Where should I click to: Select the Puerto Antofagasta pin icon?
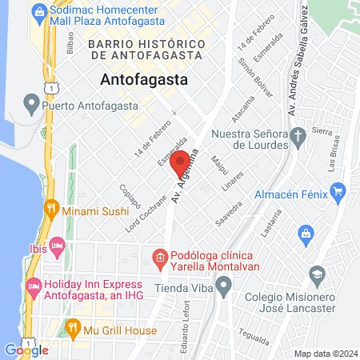click(x=31, y=102)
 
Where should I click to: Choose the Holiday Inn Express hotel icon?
click(x=34, y=285)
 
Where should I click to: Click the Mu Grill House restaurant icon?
click(x=73, y=326)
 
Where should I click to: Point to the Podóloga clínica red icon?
click(x=159, y=258)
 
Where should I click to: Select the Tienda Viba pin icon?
click(x=224, y=284)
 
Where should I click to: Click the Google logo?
click(x=26, y=350)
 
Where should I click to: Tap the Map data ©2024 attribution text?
click(x=326, y=354)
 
